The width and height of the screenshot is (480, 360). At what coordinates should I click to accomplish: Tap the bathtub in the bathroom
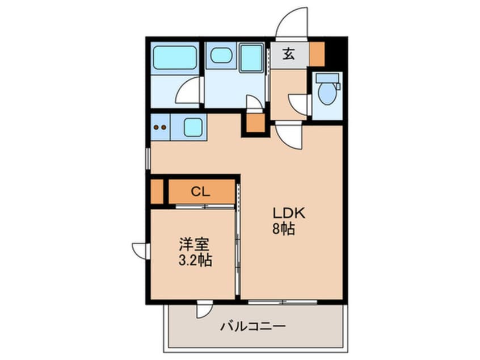click(175, 58)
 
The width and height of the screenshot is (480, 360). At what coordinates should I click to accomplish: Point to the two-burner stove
click(161, 127)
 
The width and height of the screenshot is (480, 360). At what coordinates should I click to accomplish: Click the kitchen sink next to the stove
click(193, 127)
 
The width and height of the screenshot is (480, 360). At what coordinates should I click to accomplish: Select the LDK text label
click(289, 214)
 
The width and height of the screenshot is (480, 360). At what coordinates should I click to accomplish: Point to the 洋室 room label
click(195, 246)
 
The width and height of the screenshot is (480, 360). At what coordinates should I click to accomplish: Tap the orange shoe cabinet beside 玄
click(317, 54)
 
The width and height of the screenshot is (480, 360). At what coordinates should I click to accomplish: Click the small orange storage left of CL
click(157, 191)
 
